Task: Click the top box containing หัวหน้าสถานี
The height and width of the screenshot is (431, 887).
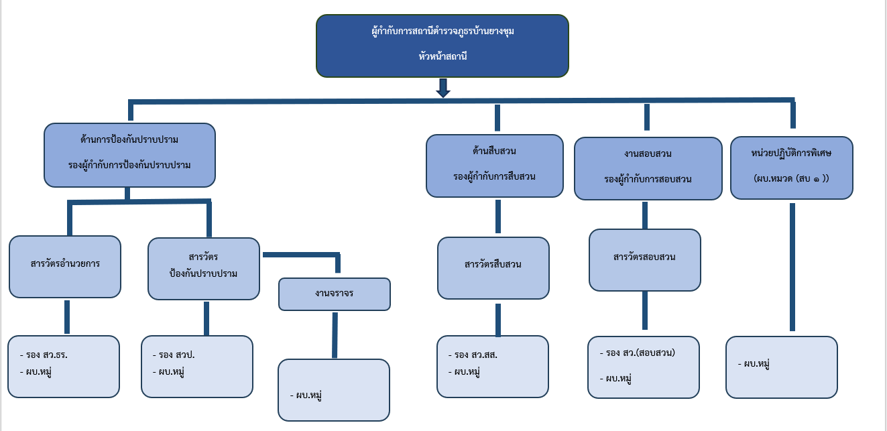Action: click(442, 46)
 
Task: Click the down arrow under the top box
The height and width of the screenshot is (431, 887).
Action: click(442, 88)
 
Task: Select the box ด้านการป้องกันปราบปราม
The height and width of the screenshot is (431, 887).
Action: click(129, 154)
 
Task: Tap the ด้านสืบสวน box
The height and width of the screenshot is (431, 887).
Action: click(494, 166)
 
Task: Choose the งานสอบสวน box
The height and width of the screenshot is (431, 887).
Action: click(647, 168)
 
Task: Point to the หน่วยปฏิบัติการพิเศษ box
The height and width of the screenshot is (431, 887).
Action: click(791, 168)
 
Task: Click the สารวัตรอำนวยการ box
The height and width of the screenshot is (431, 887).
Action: click(65, 266)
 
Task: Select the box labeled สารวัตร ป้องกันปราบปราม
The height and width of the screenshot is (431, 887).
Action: click(204, 268)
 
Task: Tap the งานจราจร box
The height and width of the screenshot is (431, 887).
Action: click(334, 294)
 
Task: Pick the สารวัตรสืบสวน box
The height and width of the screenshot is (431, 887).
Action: click(493, 267)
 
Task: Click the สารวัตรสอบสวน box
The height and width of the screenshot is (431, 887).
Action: click(644, 259)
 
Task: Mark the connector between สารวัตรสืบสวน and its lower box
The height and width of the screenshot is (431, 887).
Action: click(497, 319)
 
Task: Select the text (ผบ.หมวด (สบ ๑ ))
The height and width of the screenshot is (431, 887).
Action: click(791, 179)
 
